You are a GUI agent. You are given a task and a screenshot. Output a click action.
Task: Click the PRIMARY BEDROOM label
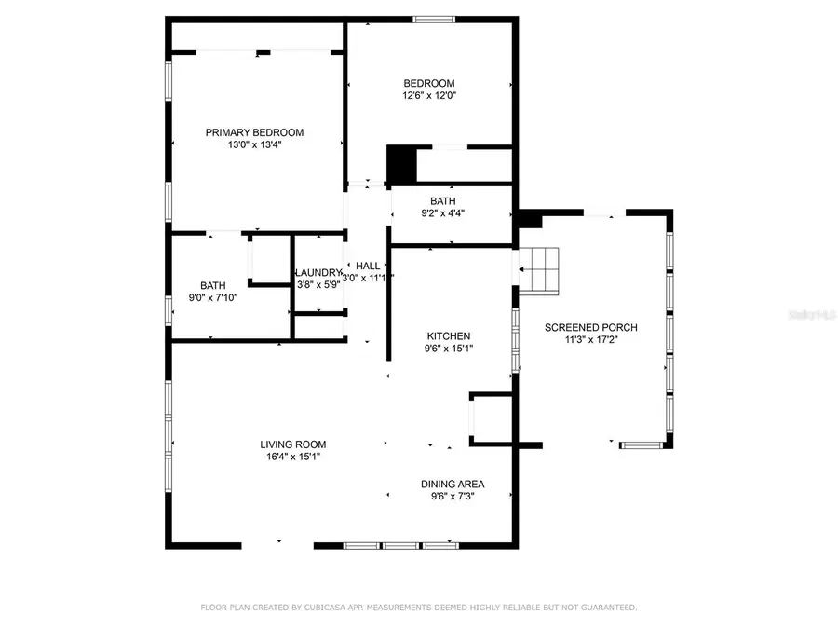click(254, 132)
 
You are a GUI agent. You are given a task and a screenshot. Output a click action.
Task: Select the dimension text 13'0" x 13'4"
click(254, 144)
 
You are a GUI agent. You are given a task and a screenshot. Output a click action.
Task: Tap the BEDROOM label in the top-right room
click(428, 83)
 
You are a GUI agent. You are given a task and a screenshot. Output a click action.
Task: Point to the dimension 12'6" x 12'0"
click(428, 95)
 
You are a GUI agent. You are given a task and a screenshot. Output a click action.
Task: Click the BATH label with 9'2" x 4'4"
click(442, 201)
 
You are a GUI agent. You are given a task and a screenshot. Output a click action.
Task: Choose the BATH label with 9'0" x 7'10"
click(213, 285)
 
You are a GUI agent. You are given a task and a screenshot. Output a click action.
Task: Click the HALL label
click(368, 266)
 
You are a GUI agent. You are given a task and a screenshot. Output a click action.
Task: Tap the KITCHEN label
click(449, 336)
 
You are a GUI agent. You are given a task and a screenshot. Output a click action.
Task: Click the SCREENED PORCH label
click(590, 327)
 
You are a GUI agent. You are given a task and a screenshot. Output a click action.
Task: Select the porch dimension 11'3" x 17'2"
click(590, 340)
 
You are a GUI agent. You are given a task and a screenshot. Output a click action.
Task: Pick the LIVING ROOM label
click(292, 444)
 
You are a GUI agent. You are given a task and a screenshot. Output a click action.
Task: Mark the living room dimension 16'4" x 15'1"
click(292, 457)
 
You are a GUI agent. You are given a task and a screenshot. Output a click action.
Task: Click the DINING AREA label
click(453, 484)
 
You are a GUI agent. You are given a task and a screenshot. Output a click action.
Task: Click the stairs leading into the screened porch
click(539, 271)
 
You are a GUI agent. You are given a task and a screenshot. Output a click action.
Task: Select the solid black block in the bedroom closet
click(400, 165)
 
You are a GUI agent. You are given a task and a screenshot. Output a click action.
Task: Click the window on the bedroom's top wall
click(434, 19)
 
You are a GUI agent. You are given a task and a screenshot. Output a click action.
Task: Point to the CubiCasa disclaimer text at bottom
click(419, 608)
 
